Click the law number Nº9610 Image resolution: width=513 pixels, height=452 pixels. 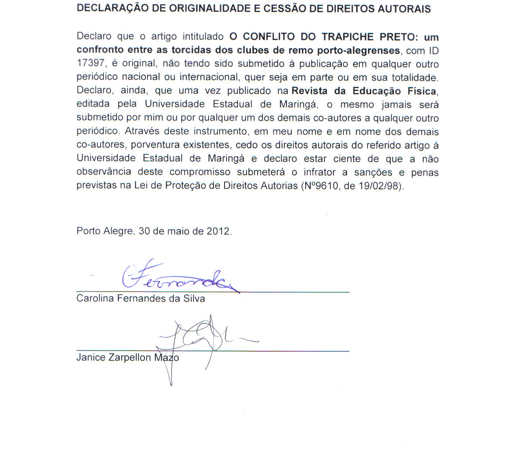pyautogui.click(x=319, y=186)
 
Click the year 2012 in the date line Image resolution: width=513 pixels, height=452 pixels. pyautogui.click(x=218, y=231)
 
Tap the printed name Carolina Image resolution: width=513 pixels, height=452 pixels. pyautogui.click(x=95, y=298)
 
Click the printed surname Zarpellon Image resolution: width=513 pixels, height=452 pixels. pyautogui.click(x=130, y=358)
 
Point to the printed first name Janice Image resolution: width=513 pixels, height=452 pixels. pyautogui.click(x=90, y=358)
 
